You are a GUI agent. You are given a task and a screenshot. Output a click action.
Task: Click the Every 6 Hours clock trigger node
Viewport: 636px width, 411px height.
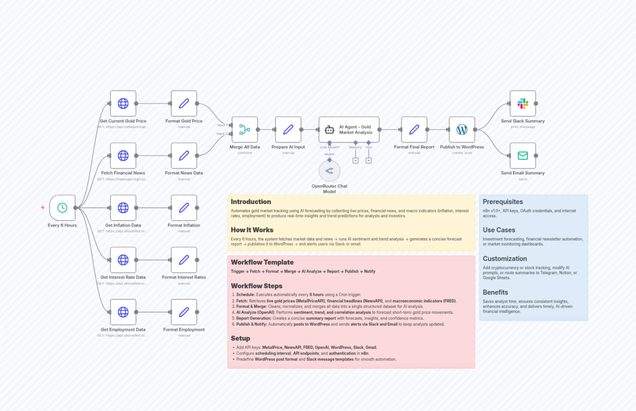(x=62, y=208)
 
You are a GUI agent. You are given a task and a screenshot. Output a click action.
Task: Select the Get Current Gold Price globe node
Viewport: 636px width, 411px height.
(x=123, y=103)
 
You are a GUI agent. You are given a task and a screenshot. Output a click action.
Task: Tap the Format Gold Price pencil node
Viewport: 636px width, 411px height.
(x=184, y=103)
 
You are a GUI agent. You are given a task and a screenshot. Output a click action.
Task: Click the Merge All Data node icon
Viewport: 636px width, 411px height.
(x=244, y=129)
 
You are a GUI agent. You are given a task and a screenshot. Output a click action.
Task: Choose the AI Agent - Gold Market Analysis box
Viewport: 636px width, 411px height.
(x=349, y=129)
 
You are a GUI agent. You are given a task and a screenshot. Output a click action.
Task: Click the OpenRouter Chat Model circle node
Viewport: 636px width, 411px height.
(x=329, y=171)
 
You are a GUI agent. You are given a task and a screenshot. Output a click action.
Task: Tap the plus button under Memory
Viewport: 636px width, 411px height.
(x=355, y=160)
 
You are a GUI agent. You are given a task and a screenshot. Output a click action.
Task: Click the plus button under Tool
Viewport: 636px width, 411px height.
(x=369, y=160)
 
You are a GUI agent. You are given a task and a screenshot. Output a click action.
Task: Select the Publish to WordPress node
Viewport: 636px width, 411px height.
(x=462, y=129)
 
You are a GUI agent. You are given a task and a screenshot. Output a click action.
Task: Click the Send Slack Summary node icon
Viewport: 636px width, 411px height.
(x=523, y=103)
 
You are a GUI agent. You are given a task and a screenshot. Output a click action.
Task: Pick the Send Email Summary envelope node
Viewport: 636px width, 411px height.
(x=523, y=155)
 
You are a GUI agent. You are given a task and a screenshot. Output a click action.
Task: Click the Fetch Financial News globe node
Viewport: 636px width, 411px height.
(x=123, y=155)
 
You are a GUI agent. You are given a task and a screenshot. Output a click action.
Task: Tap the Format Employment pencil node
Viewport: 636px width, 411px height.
(x=184, y=312)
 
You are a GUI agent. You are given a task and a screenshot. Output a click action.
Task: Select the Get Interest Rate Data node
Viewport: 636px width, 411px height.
(x=123, y=260)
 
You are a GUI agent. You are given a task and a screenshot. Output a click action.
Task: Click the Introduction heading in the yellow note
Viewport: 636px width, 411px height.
(x=251, y=202)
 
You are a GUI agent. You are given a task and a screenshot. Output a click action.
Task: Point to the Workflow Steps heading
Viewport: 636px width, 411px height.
(x=256, y=286)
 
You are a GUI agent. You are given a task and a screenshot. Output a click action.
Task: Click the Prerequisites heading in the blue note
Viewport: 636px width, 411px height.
(x=503, y=202)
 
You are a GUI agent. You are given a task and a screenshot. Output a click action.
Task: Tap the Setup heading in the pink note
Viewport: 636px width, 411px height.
(x=240, y=338)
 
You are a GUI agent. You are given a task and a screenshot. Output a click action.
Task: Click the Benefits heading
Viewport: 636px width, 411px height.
(x=495, y=292)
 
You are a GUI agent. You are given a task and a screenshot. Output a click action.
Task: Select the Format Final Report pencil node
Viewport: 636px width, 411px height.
(x=414, y=129)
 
